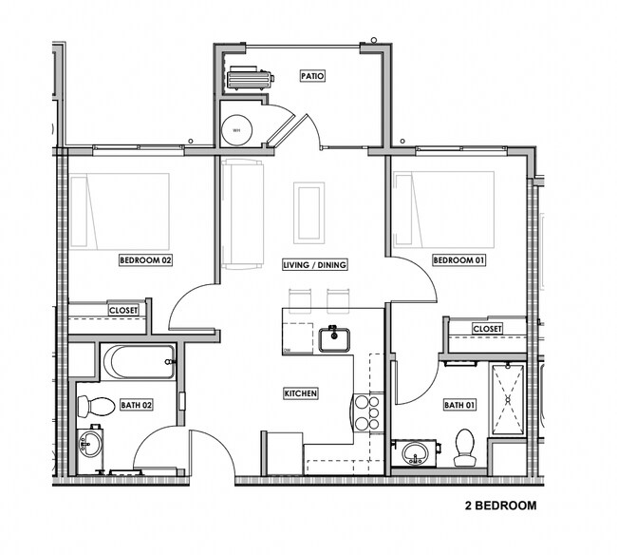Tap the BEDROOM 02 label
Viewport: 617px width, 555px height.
[144, 259]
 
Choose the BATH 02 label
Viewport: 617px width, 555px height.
[136, 406]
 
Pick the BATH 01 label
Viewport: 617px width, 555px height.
[458, 406]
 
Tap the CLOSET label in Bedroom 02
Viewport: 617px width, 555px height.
[123, 310]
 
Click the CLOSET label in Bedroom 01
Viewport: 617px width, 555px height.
[486, 328]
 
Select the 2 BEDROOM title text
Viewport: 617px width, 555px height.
[500, 506]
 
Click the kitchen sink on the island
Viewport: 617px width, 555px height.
[335, 338]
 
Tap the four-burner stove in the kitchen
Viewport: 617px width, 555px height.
[367, 413]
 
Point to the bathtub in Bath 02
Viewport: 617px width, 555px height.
[139, 361]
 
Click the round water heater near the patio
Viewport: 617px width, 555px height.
[235, 129]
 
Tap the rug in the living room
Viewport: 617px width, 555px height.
[308, 211]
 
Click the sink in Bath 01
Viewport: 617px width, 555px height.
[414, 452]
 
